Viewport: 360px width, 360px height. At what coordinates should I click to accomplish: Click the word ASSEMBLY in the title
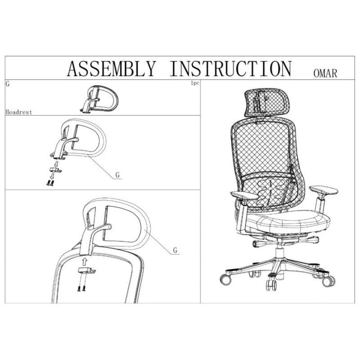112,68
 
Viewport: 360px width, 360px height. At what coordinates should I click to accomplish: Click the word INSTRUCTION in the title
231,68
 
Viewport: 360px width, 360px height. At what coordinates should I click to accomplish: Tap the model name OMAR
325,73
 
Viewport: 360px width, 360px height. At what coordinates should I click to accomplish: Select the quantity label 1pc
195,83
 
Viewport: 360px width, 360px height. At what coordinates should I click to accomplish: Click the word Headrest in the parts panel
19,112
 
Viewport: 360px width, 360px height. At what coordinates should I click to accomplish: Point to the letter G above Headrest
8,84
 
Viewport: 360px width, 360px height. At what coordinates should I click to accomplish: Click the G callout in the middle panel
117,175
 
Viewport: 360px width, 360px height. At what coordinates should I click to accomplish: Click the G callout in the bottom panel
175,250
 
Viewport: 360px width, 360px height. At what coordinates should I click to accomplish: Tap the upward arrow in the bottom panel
85,261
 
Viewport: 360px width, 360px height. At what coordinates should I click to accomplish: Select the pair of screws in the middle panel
50,183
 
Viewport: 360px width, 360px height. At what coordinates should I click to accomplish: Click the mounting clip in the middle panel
56,170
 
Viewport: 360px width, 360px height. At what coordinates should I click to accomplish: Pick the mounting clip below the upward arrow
87,270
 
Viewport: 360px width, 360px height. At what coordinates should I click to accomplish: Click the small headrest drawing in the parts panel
99,99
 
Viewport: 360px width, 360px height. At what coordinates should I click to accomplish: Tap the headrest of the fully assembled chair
267,103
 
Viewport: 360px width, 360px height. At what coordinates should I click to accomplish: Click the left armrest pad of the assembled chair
244,196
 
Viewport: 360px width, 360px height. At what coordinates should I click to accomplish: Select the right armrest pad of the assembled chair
324,190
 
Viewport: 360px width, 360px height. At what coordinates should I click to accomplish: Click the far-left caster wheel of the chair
225,279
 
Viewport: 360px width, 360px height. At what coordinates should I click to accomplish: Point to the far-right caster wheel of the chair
328,281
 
